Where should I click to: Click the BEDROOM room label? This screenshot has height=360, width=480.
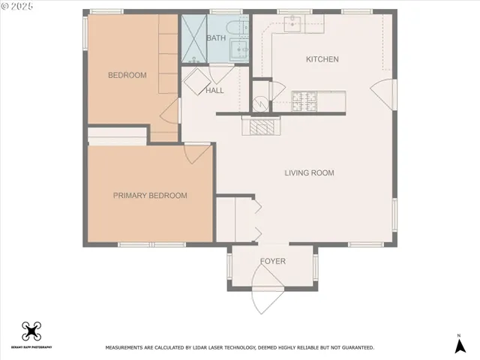click(x=127, y=75)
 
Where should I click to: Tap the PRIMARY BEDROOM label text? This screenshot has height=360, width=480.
click(x=150, y=196)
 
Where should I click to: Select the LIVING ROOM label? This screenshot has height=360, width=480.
click(x=309, y=173)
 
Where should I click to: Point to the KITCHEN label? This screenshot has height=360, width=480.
click(x=322, y=59)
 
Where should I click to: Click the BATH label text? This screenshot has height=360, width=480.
click(x=216, y=37)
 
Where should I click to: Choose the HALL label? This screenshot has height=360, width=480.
click(x=215, y=90)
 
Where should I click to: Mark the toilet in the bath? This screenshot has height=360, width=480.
click(x=240, y=30)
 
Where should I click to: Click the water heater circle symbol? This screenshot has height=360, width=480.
click(x=260, y=104)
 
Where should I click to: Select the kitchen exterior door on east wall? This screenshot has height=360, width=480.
click(x=382, y=94)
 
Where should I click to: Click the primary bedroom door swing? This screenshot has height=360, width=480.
click(x=196, y=154)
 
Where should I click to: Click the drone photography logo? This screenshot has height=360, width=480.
click(x=31, y=331)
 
